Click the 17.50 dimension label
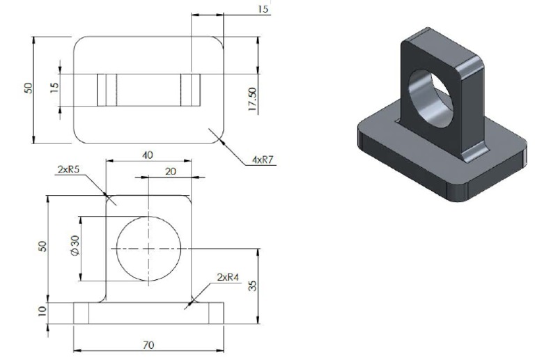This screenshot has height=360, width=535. point(252,98)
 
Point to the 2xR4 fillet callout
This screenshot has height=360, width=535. point(228,276)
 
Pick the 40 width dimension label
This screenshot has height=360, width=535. point(147,155)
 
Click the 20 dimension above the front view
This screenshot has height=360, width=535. point(169,171)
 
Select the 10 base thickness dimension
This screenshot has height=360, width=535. point(43,311)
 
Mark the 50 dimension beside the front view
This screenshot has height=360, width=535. point(43,247)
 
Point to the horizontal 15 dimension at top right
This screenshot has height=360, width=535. point(263,9)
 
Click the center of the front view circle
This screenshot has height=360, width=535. point(148,249)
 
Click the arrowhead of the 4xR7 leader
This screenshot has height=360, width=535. point(221,139)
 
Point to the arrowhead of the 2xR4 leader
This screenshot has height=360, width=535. point(189,304)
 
